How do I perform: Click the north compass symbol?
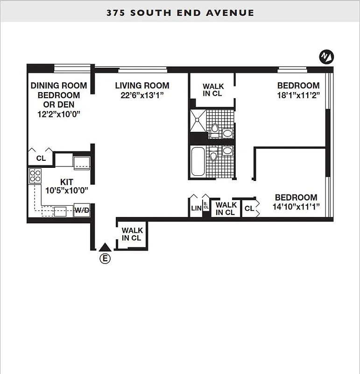326,57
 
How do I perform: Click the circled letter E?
106,259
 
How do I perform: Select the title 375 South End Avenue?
180,13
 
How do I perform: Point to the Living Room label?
142,86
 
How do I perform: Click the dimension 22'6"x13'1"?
142,95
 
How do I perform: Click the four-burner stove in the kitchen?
35,175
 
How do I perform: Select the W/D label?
82,210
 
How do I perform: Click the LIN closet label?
195,209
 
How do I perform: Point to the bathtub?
198,162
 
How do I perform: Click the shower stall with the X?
198,120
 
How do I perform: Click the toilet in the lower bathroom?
213,155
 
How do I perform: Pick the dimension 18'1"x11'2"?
298,95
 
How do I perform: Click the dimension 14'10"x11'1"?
295,207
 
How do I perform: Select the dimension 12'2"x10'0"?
59,114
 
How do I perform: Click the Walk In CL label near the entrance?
132,234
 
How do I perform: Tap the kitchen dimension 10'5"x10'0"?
67,191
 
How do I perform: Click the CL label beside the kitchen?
41,158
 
